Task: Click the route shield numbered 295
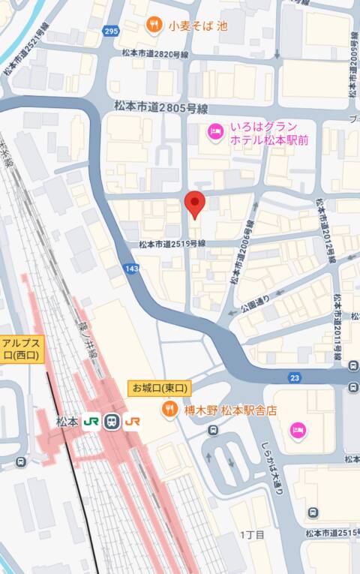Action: point(112,31)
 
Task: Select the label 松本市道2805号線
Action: point(160,107)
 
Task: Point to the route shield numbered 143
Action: point(133,268)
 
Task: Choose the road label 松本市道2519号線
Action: point(172,244)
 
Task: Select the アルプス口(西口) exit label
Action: point(22,347)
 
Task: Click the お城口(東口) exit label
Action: point(160,388)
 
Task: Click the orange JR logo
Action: point(133,422)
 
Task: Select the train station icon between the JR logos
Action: point(112,422)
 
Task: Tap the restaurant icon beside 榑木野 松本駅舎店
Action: point(169,410)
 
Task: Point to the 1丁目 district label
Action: point(252,535)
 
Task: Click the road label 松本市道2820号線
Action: point(155,54)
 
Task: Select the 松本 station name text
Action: point(67,422)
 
